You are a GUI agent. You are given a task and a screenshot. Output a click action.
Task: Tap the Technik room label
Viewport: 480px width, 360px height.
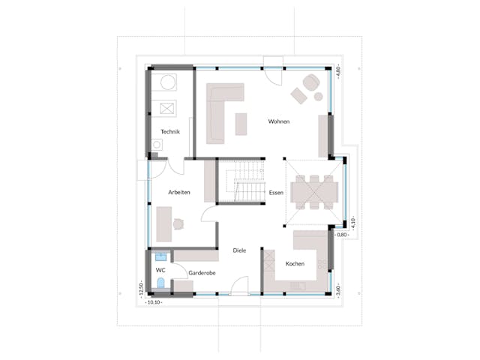[169, 132]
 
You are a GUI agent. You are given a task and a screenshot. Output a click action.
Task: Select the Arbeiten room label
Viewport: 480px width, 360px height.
[179, 193]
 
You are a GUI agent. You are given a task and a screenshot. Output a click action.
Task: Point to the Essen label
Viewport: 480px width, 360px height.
[276, 193]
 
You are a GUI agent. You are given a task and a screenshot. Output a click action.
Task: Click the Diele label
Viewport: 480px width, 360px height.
[238, 250]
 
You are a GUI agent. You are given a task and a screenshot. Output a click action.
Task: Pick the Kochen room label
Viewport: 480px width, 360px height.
[295, 264]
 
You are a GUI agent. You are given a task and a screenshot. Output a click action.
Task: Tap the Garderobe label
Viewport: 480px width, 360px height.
[202, 273]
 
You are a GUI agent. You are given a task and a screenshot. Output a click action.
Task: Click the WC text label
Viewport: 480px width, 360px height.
[160, 269]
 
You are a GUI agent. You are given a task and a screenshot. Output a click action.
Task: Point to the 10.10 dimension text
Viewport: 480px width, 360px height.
[154, 303]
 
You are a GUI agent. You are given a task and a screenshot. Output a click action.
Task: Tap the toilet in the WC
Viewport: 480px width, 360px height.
[160, 283]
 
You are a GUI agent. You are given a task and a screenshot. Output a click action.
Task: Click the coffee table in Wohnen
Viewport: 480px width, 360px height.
[241, 124]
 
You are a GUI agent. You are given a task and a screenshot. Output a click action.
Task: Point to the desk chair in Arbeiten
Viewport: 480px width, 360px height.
[179, 222]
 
